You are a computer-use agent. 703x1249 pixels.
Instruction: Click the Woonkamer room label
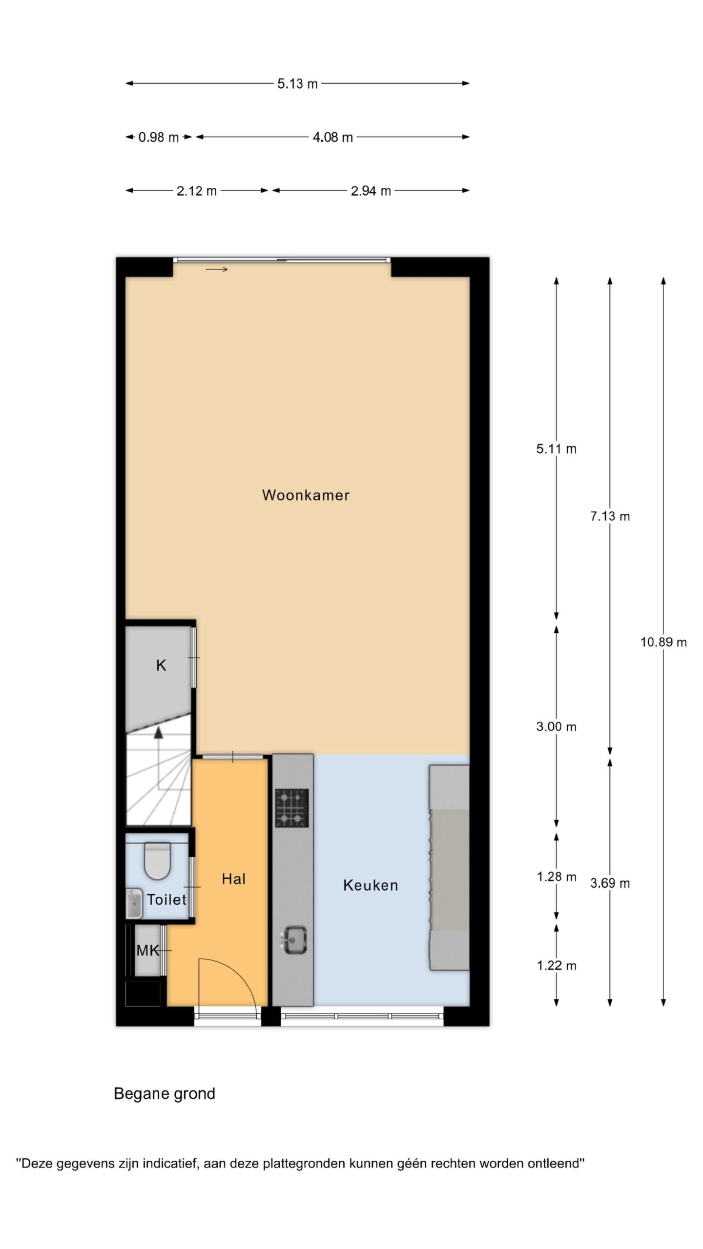306,495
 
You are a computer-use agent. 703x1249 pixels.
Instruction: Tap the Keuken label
371,885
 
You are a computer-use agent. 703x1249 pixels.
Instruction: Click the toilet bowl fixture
157,861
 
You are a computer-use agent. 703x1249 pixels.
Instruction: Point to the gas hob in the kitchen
292,808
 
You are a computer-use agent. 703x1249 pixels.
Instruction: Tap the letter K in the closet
161,665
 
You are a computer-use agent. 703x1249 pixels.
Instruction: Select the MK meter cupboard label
148,950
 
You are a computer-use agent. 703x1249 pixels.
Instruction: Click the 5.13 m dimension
297,84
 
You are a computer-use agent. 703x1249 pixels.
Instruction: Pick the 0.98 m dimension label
159,138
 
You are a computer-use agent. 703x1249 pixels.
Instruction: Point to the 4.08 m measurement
332,138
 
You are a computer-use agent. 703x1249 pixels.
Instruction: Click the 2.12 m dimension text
196,191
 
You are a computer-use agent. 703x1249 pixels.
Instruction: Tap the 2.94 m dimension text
371,191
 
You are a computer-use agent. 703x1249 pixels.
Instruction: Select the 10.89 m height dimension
663,643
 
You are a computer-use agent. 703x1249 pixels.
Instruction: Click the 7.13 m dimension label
610,516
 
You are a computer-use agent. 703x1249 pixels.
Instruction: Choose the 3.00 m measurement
556,727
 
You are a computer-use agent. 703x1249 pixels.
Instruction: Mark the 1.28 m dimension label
557,877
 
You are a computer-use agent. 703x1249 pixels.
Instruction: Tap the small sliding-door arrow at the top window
217,269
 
